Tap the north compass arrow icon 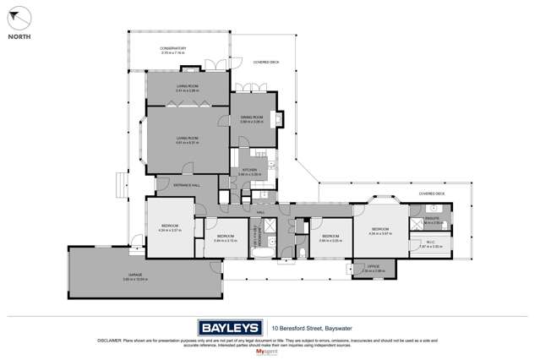19,17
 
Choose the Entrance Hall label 186,184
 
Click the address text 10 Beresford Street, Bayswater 310,326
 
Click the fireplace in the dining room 277,121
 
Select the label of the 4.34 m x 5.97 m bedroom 378,229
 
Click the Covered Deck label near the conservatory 254,61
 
